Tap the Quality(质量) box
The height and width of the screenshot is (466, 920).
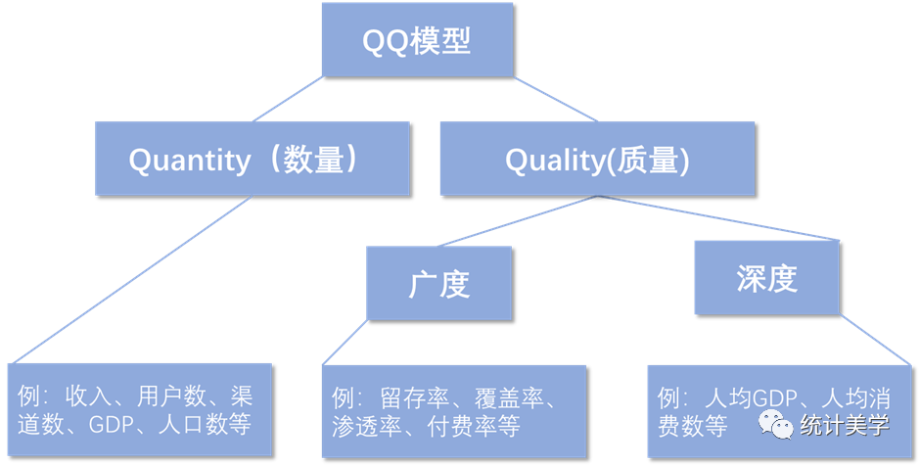click(x=597, y=159)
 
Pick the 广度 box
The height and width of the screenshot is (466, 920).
click(x=439, y=283)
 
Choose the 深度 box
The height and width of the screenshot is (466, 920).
click(x=767, y=279)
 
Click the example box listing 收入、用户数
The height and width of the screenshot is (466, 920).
click(x=139, y=410)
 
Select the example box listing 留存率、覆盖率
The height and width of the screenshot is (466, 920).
click(x=453, y=411)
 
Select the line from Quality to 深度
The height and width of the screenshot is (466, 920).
click(x=714, y=218)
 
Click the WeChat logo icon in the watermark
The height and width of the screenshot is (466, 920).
click(x=776, y=426)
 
